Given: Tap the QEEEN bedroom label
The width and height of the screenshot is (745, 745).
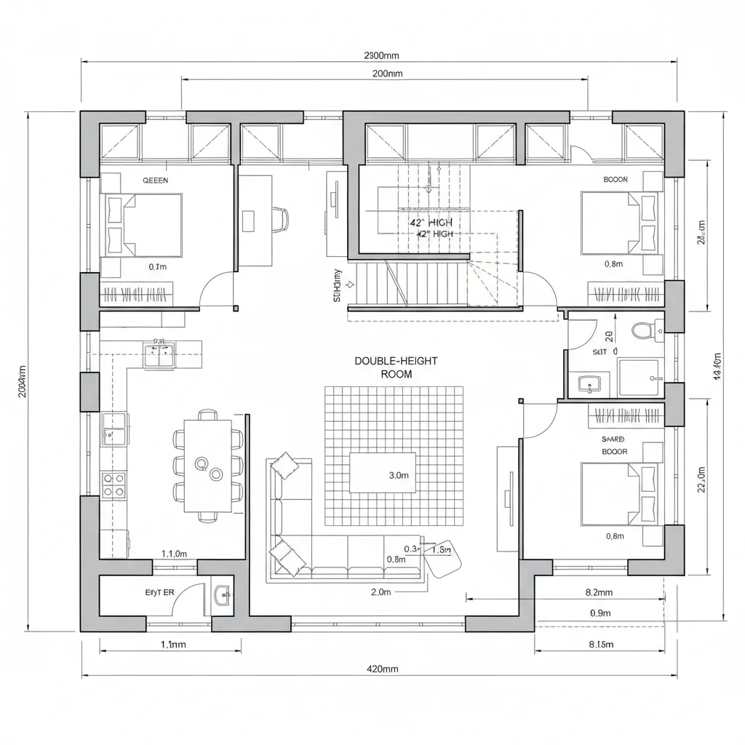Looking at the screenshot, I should tap(154, 180).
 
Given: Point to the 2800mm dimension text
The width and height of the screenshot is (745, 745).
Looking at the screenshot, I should tap(381, 55).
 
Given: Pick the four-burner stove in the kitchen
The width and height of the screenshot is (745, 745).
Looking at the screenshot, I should tap(113, 485).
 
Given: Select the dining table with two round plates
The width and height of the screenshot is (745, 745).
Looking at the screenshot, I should tap(207, 466).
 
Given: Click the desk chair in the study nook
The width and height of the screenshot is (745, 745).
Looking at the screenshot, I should tap(280, 218).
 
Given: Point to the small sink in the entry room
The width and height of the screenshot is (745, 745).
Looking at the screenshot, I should tap(223, 595).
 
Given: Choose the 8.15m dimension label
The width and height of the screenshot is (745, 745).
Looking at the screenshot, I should tap(600, 644).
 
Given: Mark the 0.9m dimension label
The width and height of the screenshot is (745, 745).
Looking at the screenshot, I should tap(600, 613).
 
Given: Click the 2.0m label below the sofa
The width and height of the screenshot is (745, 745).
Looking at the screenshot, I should tap(381, 592).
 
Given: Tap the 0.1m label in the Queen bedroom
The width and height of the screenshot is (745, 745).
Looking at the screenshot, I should tap(157, 267).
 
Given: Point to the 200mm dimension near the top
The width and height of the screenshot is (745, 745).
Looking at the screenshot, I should tap(386, 73).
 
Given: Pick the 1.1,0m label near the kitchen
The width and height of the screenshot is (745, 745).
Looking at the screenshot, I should tap(174, 554).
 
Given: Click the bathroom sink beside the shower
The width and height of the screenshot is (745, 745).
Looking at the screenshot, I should tap(589, 383).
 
